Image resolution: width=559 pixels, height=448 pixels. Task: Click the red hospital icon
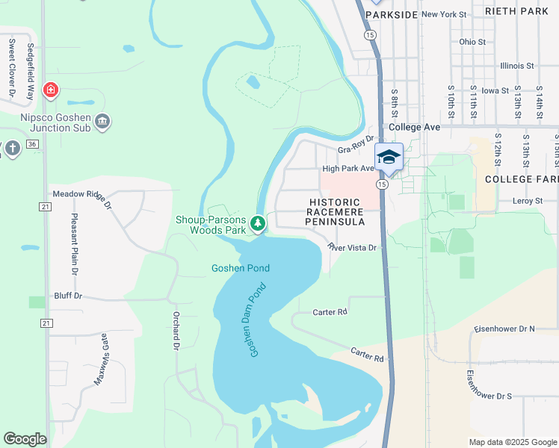pyautogui.click(x=50, y=91)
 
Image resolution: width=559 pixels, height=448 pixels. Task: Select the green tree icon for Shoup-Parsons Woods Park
pyautogui.click(x=257, y=223)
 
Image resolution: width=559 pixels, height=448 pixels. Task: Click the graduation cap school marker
pyautogui.click(x=389, y=157)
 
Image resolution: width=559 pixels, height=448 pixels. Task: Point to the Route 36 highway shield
pyautogui.click(x=31, y=143)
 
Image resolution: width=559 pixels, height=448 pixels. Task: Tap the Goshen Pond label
pyautogui.click(x=240, y=268)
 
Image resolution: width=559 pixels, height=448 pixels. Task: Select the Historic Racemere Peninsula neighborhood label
pyautogui.click(x=336, y=212)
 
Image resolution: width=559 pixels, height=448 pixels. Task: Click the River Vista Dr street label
pyautogui.click(x=355, y=247)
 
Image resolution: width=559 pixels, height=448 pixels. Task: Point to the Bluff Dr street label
pyautogui.click(x=67, y=296)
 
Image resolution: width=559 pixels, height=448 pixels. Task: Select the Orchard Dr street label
pyautogui.click(x=177, y=331)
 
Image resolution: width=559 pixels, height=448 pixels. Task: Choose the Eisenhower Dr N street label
pyautogui.click(x=505, y=329)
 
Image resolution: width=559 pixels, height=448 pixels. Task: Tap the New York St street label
pyautogui.click(x=443, y=14)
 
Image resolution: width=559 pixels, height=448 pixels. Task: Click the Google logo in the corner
pyautogui.click(x=25, y=439)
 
